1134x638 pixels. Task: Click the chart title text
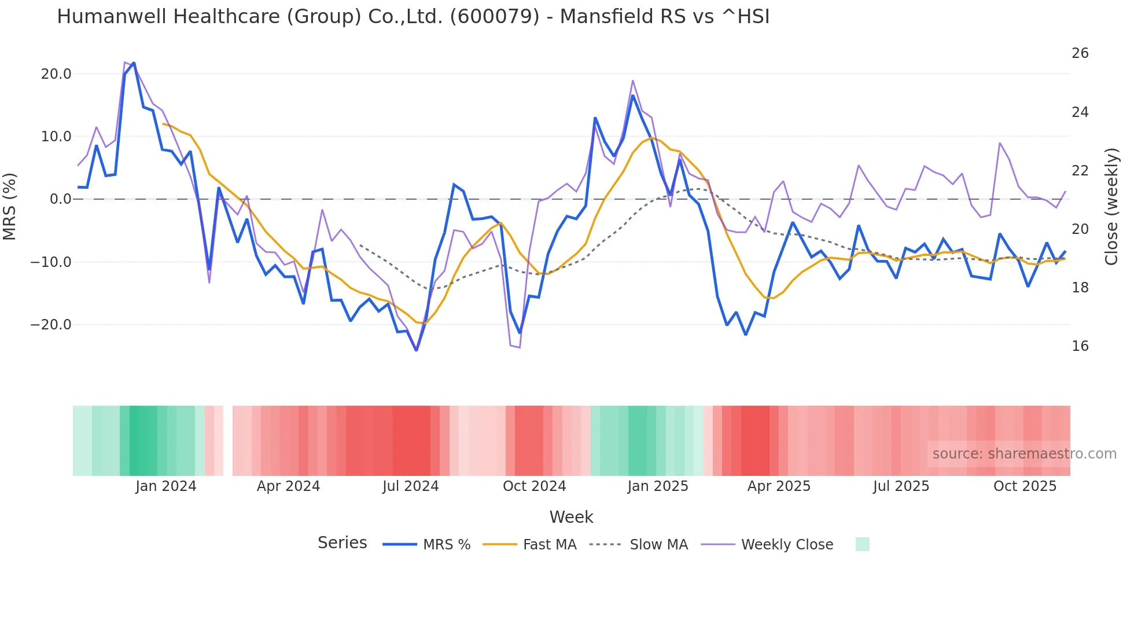pyautogui.click(x=413, y=17)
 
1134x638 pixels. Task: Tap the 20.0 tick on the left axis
pyautogui.click(x=56, y=74)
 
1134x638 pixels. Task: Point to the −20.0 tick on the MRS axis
pyautogui.click(x=51, y=325)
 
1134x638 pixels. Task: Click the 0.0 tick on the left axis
pyautogui.click(x=60, y=199)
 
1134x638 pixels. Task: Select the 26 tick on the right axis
pyautogui.click(x=1080, y=53)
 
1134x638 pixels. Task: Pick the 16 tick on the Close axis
pyautogui.click(x=1080, y=346)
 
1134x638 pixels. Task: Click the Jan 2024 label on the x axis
pyautogui.click(x=166, y=486)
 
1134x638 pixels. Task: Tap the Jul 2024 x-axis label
pyautogui.click(x=411, y=486)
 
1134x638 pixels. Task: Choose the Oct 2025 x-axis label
pyautogui.click(x=1025, y=486)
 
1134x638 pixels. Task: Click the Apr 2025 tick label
pyautogui.click(x=779, y=486)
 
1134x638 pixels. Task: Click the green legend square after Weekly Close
pyautogui.click(x=862, y=544)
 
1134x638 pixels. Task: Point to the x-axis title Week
pyautogui.click(x=571, y=517)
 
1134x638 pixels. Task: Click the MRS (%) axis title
pyautogui.click(x=10, y=206)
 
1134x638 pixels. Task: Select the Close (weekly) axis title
pyautogui.click(x=1111, y=206)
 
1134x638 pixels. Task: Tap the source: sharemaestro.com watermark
pyautogui.click(x=1024, y=454)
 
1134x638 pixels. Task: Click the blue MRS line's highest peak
pyautogui.click(x=134, y=63)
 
